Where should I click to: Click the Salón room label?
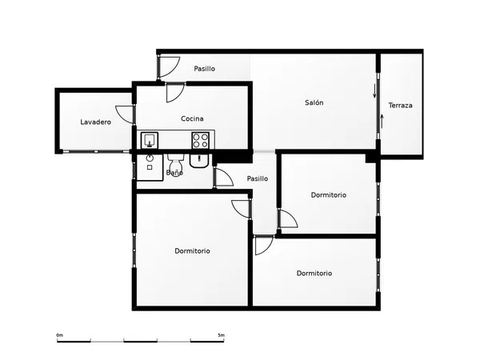click(x=314, y=102)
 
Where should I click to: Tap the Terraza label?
click(x=400, y=106)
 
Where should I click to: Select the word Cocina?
click(x=192, y=118)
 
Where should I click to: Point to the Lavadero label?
click(x=95, y=122)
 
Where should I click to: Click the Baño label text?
click(x=174, y=173)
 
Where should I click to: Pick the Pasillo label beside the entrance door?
click(x=204, y=69)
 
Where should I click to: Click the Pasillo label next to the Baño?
click(x=257, y=178)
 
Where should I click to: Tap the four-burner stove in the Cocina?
click(x=201, y=140)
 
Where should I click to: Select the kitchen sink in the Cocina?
click(x=150, y=140)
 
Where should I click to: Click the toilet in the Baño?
click(x=175, y=165)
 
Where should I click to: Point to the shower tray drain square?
click(x=150, y=167)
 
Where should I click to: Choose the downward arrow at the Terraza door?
click(x=374, y=91)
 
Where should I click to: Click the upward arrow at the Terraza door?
click(x=382, y=122)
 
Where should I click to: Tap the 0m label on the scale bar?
click(x=59, y=335)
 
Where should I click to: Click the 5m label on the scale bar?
click(x=221, y=335)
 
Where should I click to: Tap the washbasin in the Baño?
click(x=199, y=161)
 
